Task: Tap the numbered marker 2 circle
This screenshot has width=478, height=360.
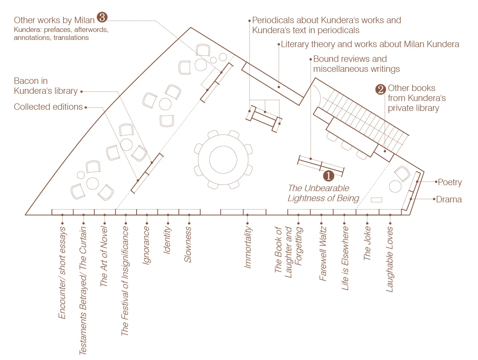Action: point(380,89)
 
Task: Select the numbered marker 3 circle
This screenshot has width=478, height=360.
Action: point(103,18)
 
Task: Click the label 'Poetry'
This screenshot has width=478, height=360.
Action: point(450,182)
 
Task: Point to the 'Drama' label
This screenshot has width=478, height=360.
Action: point(449,199)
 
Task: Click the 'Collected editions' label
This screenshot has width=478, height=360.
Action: point(48,107)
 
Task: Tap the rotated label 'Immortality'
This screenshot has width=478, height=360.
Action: point(248,247)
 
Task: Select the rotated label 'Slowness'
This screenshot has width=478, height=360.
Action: point(188,245)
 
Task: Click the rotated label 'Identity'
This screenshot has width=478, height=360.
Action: point(167,241)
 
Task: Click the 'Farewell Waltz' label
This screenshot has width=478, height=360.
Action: point(323,253)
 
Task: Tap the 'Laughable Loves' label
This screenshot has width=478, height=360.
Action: point(389,259)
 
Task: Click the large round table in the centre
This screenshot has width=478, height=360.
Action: point(223,159)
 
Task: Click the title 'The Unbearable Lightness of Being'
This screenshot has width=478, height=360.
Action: point(324,193)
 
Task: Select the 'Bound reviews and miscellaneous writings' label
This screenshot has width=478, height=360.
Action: point(356,64)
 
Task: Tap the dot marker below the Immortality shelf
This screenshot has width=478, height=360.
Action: point(248,215)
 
